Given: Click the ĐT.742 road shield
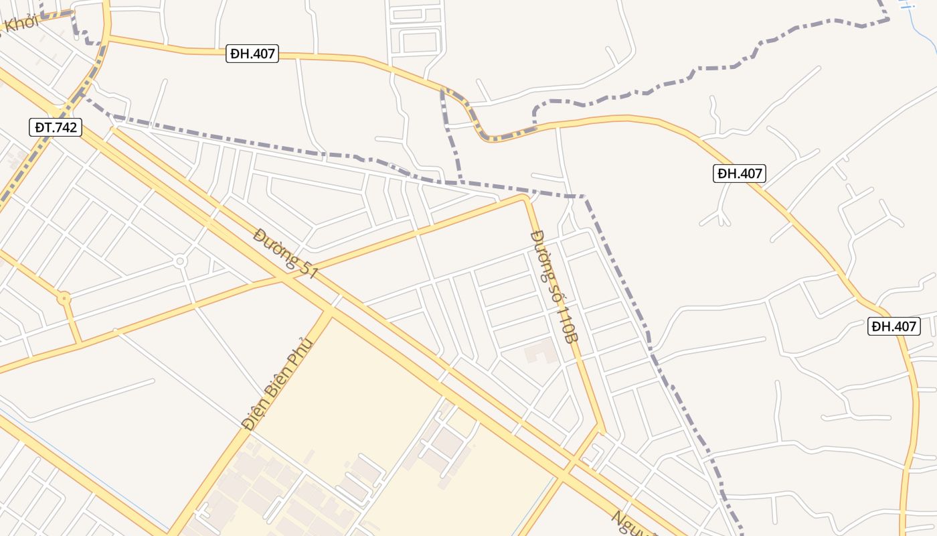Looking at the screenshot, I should click(55, 127).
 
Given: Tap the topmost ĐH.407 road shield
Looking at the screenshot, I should click(252, 54).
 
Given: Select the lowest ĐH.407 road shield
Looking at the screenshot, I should click(894, 326).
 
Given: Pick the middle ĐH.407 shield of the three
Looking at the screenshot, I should click(739, 174).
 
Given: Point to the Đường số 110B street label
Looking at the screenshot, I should click(553, 287).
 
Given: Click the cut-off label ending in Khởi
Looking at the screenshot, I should click(20, 23).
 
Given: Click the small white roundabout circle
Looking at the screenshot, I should click(179, 261).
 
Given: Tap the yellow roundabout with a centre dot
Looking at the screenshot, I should click(64, 298).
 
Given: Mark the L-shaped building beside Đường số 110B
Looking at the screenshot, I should click(541, 350).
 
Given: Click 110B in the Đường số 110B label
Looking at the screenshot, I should click(566, 326).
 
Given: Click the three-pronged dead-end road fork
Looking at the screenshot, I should click(719, 216).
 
